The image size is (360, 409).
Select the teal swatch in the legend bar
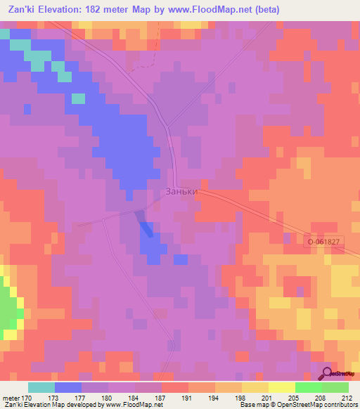(x=41, y=387)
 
